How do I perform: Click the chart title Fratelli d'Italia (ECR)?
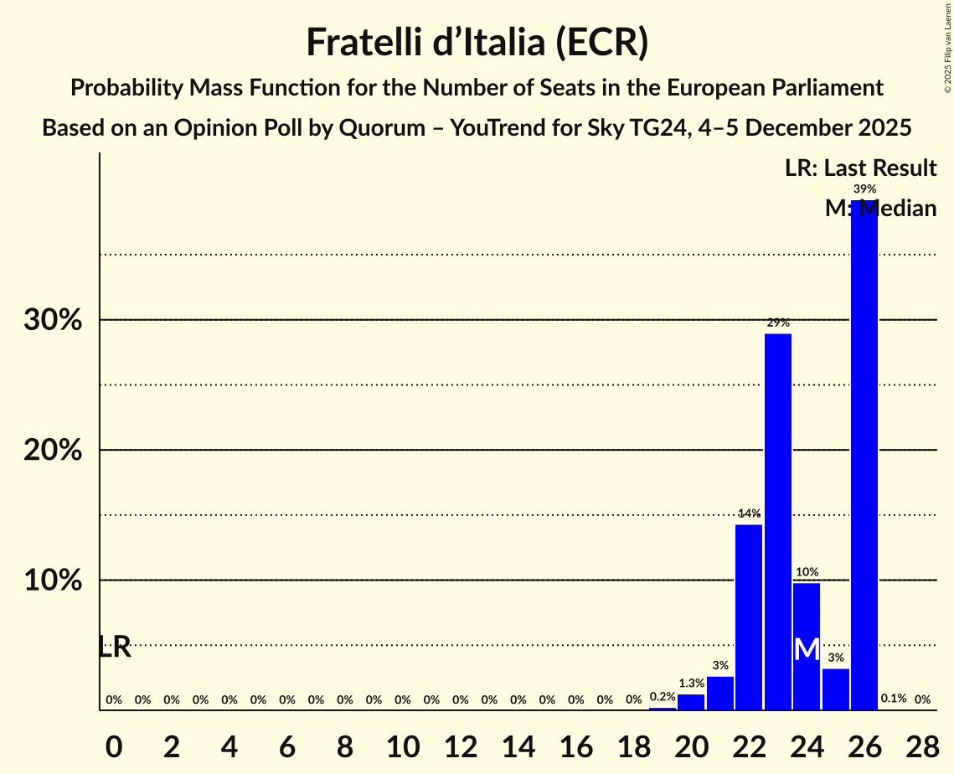coord(477,42)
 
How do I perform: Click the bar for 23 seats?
coord(778,521)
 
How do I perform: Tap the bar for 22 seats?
coord(749,617)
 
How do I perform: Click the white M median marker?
coord(807,648)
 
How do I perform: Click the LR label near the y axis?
coord(115,647)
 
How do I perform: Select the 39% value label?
coord(864,189)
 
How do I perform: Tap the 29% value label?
coord(778,322)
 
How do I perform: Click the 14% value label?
coord(749,513)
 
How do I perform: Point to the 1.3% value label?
coord(691,684)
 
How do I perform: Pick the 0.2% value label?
coord(663,697)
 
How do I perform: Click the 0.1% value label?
coord(894,699)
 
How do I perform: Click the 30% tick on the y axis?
coord(54,320)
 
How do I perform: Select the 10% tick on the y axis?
coord(54,580)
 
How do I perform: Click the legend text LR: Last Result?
coord(860,168)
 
